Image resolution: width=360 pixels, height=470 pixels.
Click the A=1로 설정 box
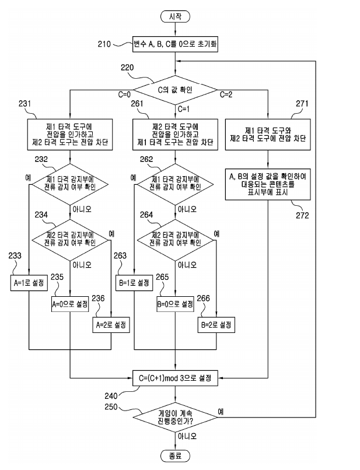pos(29,282)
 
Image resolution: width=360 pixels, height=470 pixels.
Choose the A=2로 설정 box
pos(111,324)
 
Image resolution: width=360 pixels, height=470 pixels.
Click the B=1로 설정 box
pos(134,282)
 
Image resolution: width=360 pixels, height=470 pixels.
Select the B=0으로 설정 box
pos(175,304)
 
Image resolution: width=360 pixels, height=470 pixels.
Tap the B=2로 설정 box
pos(216,324)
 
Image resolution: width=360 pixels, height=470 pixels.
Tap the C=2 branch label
pos(226,93)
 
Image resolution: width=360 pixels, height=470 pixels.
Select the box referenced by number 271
pos(269,134)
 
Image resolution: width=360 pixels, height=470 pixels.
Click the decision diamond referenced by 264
pos(175,238)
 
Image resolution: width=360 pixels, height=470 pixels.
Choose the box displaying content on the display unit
pos(269,184)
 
